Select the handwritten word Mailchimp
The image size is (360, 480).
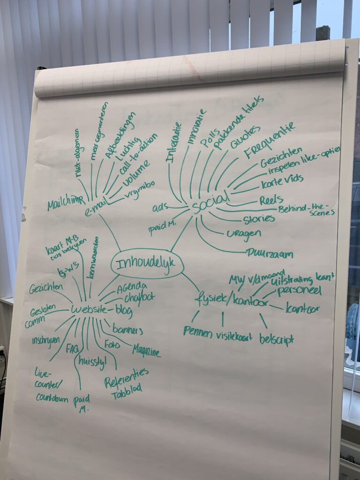pos(66,203)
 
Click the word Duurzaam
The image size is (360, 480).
pos(270,255)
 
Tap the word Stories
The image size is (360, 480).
pos(259,218)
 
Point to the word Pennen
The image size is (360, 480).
pos(198,331)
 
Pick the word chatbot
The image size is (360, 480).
pos(139,297)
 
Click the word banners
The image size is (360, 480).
pos(127,330)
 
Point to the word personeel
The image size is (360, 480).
pos(299,291)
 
